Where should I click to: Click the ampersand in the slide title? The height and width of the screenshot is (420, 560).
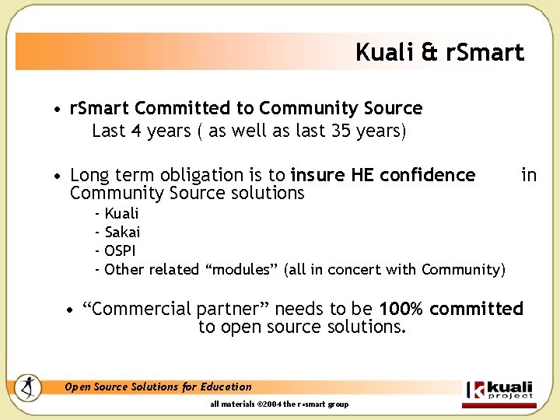pyautogui.click(x=429, y=53)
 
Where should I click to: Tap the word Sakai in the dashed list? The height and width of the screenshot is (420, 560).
pyautogui.click(x=122, y=232)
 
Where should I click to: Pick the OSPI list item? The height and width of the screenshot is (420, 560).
pyautogui.click(x=120, y=250)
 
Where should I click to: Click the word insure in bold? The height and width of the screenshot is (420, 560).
pyautogui.click(x=318, y=175)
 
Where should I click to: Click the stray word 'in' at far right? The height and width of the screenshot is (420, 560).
pyautogui.click(x=529, y=175)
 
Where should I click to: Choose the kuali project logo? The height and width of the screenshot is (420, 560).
pyautogui.click(x=499, y=389)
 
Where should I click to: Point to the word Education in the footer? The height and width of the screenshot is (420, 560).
pyautogui.click(x=226, y=387)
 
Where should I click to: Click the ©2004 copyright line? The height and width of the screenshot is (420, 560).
pyautogui.click(x=279, y=404)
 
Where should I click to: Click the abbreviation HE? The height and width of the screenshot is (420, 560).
pyautogui.click(x=362, y=175)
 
